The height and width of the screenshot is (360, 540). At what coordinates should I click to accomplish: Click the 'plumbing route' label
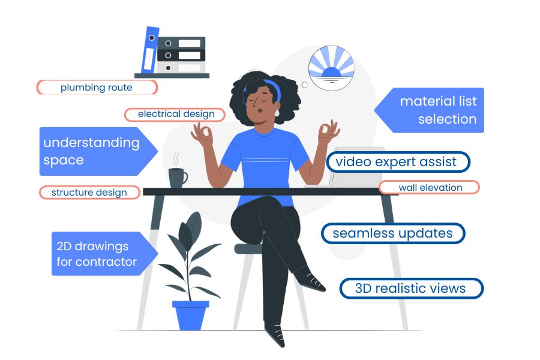[97, 88]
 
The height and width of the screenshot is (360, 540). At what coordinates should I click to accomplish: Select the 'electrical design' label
[175, 114]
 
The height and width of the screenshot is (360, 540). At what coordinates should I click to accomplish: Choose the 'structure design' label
[89, 193]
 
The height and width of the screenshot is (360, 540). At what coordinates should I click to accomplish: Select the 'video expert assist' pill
[397, 162]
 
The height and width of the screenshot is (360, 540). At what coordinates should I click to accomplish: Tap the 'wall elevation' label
[430, 187]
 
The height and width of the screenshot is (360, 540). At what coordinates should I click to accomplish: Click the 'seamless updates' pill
[393, 233]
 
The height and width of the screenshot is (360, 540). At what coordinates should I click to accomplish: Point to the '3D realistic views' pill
[411, 289]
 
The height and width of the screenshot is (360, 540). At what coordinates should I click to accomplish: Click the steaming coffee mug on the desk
[177, 177]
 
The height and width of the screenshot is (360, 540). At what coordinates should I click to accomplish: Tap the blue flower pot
[191, 314]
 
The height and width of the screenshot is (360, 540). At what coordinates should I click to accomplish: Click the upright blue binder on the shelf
[150, 50]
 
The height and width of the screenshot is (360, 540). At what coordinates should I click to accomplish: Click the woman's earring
[278, 112]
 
